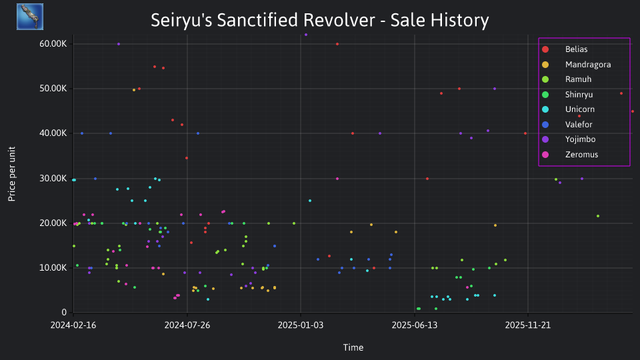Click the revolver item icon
(30, 17)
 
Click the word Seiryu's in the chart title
(181, 20)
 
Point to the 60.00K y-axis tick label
(53, 44)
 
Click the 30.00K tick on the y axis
(53, 179)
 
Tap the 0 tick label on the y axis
(64, 312)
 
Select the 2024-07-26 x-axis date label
(187, 325)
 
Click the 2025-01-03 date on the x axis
(301, 325)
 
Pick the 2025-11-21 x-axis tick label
(528, 325)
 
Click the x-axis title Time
(353, 347)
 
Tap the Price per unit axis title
(12, 174)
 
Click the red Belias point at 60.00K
(337, 44)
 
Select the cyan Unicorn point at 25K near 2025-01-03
(310, 201)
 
